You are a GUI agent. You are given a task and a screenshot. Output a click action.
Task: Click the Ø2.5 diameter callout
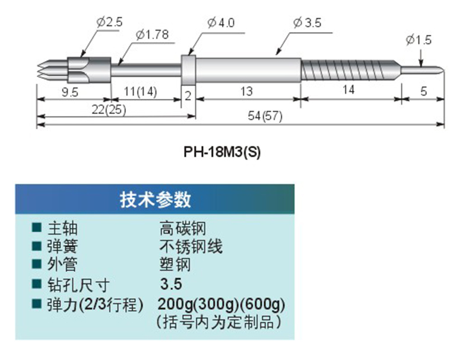(107, 23)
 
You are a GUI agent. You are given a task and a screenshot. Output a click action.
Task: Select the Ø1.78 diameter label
(151, 35)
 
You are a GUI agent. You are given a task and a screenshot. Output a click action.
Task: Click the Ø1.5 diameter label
(419, 40)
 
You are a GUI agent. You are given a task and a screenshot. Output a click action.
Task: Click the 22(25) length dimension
(109, 109)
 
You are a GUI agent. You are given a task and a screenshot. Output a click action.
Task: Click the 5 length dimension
(423, 91)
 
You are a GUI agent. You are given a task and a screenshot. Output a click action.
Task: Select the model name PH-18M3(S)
(223, 151)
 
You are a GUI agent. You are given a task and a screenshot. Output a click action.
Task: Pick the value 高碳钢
(183, 228)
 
